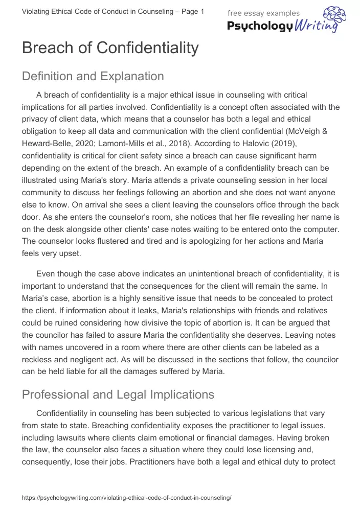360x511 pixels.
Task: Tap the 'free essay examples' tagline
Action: (x=263, y=13)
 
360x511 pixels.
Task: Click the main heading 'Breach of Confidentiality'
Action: (x=110, y=48)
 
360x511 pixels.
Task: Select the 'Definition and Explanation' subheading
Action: (x=93, y=77)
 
